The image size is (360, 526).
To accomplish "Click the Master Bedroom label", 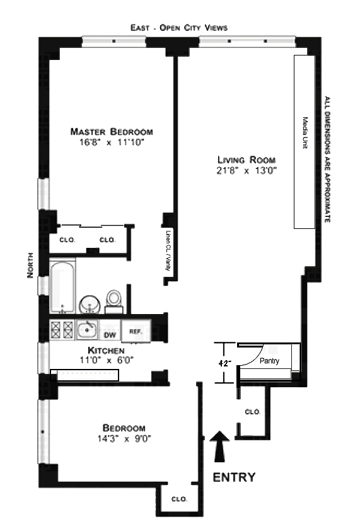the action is click(x=112, y=131).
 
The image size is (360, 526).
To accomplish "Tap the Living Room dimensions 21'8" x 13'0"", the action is click(x=246, y=171).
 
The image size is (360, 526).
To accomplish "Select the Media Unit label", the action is click(x=305, y=133).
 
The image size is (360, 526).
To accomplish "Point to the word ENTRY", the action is click(x=234, y=477).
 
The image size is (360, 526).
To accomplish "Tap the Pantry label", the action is click(x=269, y=361).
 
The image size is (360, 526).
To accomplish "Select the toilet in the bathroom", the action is click(x=114, y=301).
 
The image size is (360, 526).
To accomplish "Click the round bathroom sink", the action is click(x=90, y=304).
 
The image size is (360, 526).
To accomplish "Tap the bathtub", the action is click(x=62, y=287).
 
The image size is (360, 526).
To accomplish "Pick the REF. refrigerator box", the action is click(x=136, y=331).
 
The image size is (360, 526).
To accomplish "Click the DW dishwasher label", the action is click(x=110, y=335).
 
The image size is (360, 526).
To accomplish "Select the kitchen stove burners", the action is click(x=62, y=330).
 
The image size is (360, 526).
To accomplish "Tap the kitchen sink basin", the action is click(x=88, y=330).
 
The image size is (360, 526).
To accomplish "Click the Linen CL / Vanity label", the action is click(x=168, y=250).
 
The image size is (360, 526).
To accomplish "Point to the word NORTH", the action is click(x=30, y=265).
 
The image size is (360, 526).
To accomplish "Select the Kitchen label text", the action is click(x=106, y=351).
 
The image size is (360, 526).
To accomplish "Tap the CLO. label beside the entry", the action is click(x=252, y=412).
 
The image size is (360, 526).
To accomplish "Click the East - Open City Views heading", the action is click(x=179, y=28).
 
